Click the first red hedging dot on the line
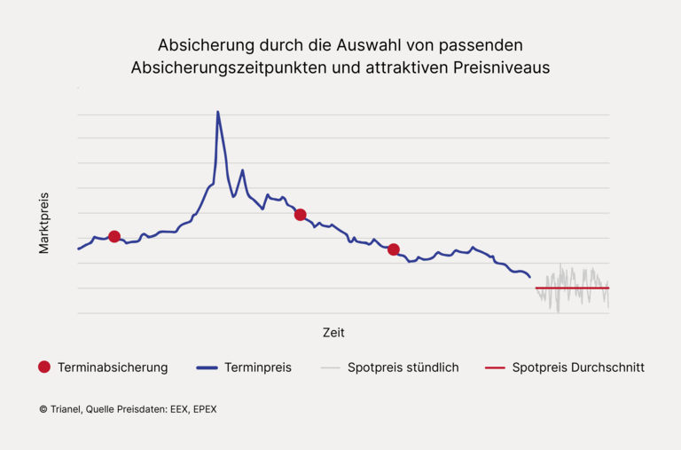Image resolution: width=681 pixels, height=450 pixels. click(114, 236)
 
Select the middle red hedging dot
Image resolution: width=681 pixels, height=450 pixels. click(301, 215)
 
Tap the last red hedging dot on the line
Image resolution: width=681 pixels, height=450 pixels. click(394, 249)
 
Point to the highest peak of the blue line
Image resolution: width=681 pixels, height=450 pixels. click(217, 112)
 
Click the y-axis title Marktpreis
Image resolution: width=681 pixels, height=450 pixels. click(44, 223)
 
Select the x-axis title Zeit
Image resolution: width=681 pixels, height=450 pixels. click(333, 333)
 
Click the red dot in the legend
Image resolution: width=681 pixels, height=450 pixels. click(44, 367)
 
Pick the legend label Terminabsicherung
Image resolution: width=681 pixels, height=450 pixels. click(113, 367)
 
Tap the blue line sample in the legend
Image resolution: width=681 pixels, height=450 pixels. click(206, 367)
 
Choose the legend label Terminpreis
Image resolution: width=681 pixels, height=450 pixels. click(258, 367)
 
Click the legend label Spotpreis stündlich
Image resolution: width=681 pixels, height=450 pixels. click(403, 367)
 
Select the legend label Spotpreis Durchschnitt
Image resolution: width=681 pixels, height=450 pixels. click(578, 367)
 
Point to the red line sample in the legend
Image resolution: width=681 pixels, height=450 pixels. click(495, 367)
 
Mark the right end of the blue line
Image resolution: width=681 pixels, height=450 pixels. click(529, 277)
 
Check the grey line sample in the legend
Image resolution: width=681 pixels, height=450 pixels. click(331, 367)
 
